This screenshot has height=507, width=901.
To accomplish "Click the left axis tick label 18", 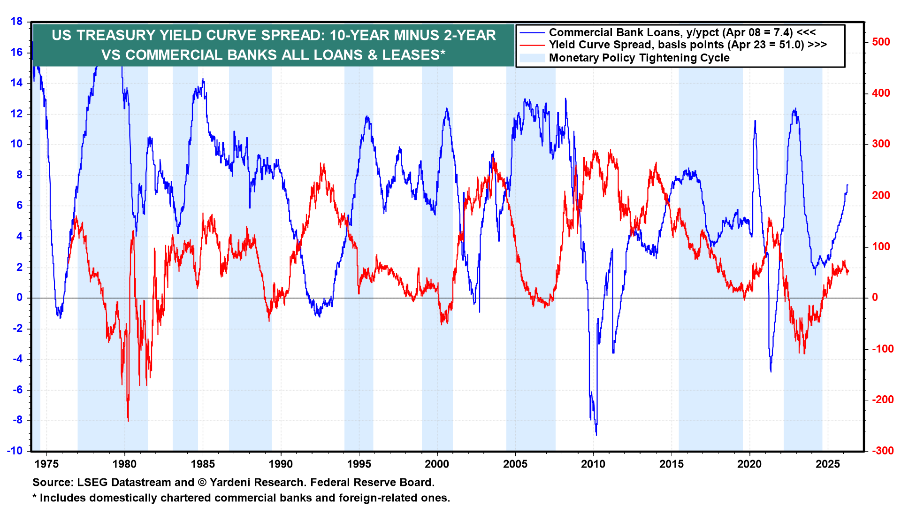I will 16,22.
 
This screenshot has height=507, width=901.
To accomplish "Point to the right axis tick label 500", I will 881,42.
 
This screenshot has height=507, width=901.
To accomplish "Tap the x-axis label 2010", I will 593,464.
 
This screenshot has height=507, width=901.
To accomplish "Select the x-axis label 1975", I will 46,464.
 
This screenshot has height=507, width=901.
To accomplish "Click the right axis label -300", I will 883,451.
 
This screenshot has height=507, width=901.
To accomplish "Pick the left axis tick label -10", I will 15,451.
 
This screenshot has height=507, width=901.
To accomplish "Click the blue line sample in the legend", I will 532,33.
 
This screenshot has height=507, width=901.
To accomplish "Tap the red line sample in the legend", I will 532,45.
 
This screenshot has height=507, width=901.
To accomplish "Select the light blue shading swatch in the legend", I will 532,58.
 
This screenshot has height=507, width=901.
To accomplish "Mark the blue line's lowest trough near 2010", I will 596,435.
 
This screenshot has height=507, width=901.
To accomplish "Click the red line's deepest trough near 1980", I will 128,421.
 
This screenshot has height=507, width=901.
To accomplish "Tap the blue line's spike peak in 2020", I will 755,121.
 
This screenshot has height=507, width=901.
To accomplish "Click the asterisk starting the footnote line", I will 34,497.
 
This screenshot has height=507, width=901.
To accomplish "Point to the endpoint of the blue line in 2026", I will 848,185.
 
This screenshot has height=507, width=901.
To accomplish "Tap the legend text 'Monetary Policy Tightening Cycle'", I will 639,58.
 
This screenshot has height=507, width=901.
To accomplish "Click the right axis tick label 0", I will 875,298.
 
